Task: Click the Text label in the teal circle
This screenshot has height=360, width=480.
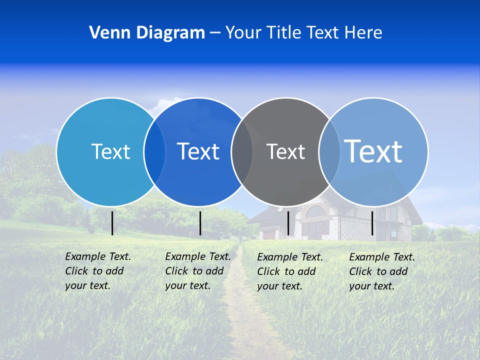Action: coord(110,151)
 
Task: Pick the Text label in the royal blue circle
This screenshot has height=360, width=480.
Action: coord(198,151)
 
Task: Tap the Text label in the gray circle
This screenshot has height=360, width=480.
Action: coord(285,151)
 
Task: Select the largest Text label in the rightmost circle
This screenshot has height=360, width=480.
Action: coord(373,151)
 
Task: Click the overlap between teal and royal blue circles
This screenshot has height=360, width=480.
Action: coord(154,152)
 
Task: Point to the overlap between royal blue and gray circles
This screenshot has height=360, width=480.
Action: coord(242,152)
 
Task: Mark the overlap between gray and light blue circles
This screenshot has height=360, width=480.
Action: coord(329,152)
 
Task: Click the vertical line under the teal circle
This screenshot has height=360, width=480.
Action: coord(112,223)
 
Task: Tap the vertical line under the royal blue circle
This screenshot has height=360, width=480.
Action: coord(200,223)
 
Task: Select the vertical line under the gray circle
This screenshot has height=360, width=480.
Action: coord(288,223)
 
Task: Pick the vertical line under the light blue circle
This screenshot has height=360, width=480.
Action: coord(372,223)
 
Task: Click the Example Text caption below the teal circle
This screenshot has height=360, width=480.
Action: coord(97,271)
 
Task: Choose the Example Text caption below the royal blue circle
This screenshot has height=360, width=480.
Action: coord(197,271)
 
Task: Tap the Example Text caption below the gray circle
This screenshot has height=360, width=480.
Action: coord(289,271)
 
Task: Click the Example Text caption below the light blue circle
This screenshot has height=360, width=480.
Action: coord(381,271)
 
